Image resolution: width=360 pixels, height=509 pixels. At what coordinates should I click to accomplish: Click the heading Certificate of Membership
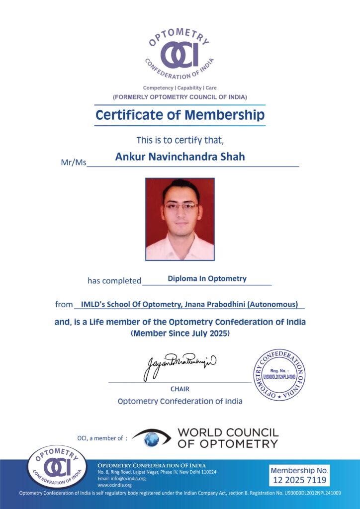tap(180, 115)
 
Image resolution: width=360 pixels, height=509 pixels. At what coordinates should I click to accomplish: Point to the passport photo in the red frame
tap(180, 219)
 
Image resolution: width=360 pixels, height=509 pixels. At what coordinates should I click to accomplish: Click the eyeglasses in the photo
tap(181, 205)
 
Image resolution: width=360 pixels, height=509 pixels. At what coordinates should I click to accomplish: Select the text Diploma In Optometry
tap(207, 278)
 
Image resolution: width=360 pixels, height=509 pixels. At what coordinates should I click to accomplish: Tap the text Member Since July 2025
tap(180, 334)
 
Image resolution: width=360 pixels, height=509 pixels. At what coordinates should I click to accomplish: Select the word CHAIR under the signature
tap(180, 389)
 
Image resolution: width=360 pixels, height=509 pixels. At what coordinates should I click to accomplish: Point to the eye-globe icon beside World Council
tap(152, 437)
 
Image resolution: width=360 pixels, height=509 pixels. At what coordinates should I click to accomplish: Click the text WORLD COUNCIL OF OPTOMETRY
tap(228, 438)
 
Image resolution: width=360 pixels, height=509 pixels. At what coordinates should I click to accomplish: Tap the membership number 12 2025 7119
tap(300, 480)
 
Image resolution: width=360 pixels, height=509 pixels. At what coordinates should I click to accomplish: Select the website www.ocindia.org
tap(114, 485)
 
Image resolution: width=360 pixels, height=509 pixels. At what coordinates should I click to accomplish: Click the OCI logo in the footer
tap(56, 468)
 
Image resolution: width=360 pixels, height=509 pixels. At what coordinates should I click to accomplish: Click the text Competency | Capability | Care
tap(180, 88)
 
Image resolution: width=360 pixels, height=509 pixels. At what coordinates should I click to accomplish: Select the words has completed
tap(114, 281)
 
